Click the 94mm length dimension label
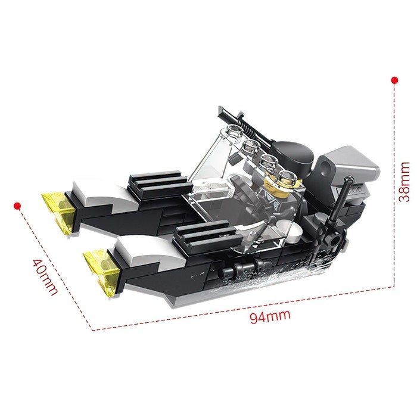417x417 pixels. pos(270,316)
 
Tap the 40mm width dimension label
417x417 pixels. pos(45,277)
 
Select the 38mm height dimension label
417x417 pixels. pos(404,182)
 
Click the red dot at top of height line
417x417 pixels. pos(394,80)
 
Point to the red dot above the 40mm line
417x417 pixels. pos(17,206)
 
